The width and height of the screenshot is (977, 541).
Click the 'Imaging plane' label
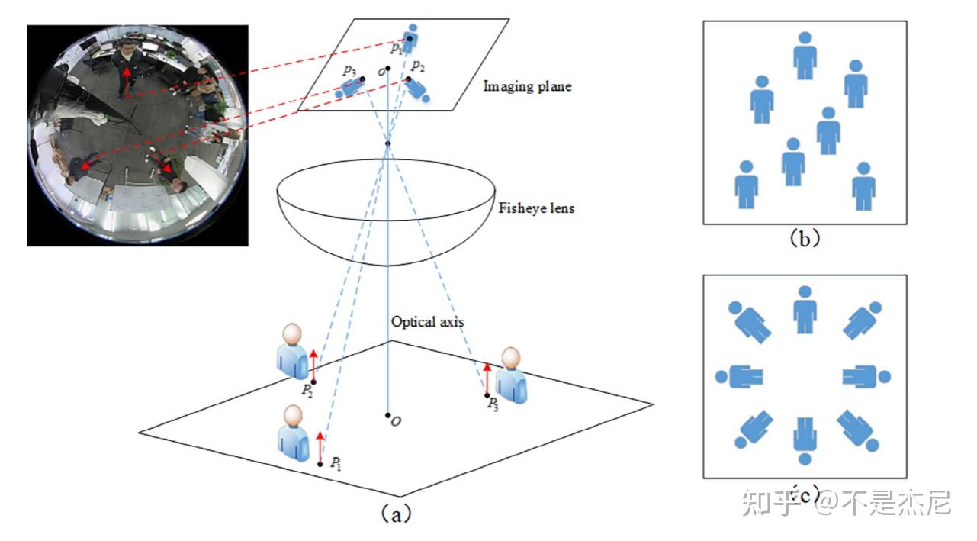click(x=527, y=86)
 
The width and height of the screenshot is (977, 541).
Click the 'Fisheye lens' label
click(x=535, y=208)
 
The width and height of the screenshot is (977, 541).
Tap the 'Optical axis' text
click(x=427, y=321)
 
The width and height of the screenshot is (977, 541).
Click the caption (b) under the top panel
click(x=804, y=238)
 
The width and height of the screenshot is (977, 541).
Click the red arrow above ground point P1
click(x=320, y=447)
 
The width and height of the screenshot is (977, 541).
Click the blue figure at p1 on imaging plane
click(x=410, y=37)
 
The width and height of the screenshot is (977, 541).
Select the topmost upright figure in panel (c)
click(x=805, y=310)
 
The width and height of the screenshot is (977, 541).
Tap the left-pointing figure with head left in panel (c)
click(x=740, y=376)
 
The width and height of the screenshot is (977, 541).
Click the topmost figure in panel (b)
click(x=805, y=55)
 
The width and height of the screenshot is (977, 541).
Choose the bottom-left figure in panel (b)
click(x=746, y=185)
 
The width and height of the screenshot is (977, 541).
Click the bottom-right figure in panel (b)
click(x=863, y=185)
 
